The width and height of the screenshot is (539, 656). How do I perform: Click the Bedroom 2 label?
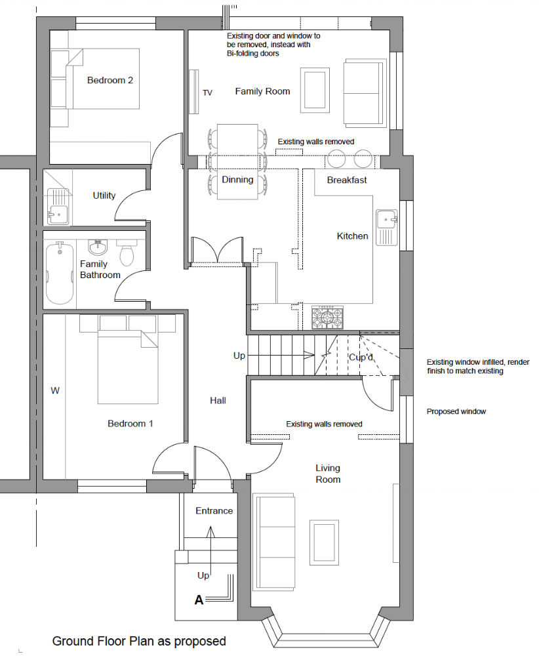(110, 80)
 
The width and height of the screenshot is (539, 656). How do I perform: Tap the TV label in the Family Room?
(207, 93)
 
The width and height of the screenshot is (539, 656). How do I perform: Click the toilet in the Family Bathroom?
(127, 253)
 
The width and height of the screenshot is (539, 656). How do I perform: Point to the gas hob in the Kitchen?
(327, 317)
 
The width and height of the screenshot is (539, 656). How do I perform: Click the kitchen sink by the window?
(386, 228)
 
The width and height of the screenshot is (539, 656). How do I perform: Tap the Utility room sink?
(58, 207)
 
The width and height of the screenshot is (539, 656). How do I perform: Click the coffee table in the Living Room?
(324, 543)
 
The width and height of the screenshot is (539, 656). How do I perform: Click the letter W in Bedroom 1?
(55, 391)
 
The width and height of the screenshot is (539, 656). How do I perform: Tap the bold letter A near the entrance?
(199, 600)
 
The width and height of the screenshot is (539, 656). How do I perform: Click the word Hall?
(218, 401)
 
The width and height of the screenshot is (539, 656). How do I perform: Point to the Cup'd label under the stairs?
(361, 358)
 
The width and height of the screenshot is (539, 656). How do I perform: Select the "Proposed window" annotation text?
(456, 412)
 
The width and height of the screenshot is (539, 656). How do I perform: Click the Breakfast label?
(347, 180)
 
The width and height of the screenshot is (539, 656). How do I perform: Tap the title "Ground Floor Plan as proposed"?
(139, 642)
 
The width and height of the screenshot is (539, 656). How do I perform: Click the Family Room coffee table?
(315, 91)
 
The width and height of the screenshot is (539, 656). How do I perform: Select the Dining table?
(237, 161)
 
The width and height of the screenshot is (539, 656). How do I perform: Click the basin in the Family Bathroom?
(98, 247)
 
